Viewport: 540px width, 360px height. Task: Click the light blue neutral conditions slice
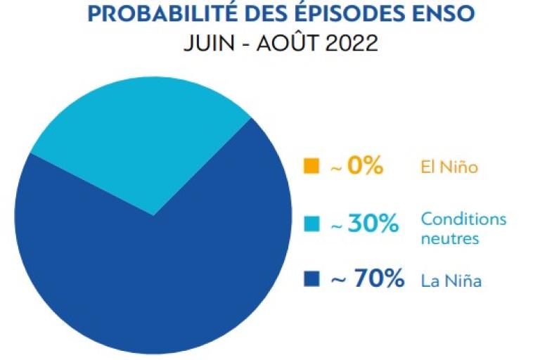[x=141, y=134]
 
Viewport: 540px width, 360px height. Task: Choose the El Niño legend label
[x=449, y=167]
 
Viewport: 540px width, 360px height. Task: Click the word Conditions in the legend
[x=463, y=219]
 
